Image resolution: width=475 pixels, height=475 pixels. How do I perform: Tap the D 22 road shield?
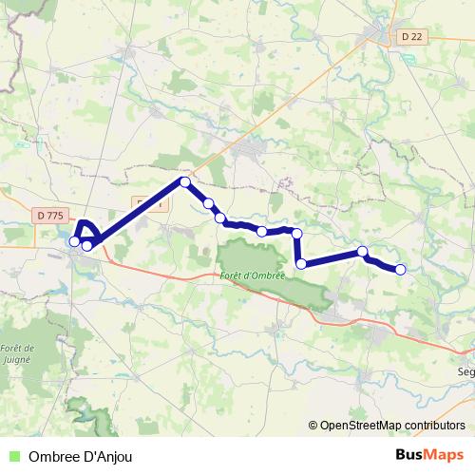[408, 37]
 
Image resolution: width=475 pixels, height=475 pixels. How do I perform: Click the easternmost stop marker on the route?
[400, 270]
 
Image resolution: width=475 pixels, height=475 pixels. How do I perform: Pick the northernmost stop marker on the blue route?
[185, 181]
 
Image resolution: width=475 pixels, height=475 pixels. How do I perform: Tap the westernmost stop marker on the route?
[74, 241]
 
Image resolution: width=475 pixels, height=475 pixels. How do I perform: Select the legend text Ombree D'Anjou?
[81, 457]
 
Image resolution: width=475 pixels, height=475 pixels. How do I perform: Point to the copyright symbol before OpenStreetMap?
[313, 427]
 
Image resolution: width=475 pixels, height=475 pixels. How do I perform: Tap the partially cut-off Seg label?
[466, 372]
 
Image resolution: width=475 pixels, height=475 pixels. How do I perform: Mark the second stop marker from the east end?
[362, 252]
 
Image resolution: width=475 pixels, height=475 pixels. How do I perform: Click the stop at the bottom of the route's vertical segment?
[300, 264]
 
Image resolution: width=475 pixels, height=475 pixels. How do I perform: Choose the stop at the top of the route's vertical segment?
[296, 233]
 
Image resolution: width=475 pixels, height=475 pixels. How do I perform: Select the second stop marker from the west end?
[86, 246]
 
